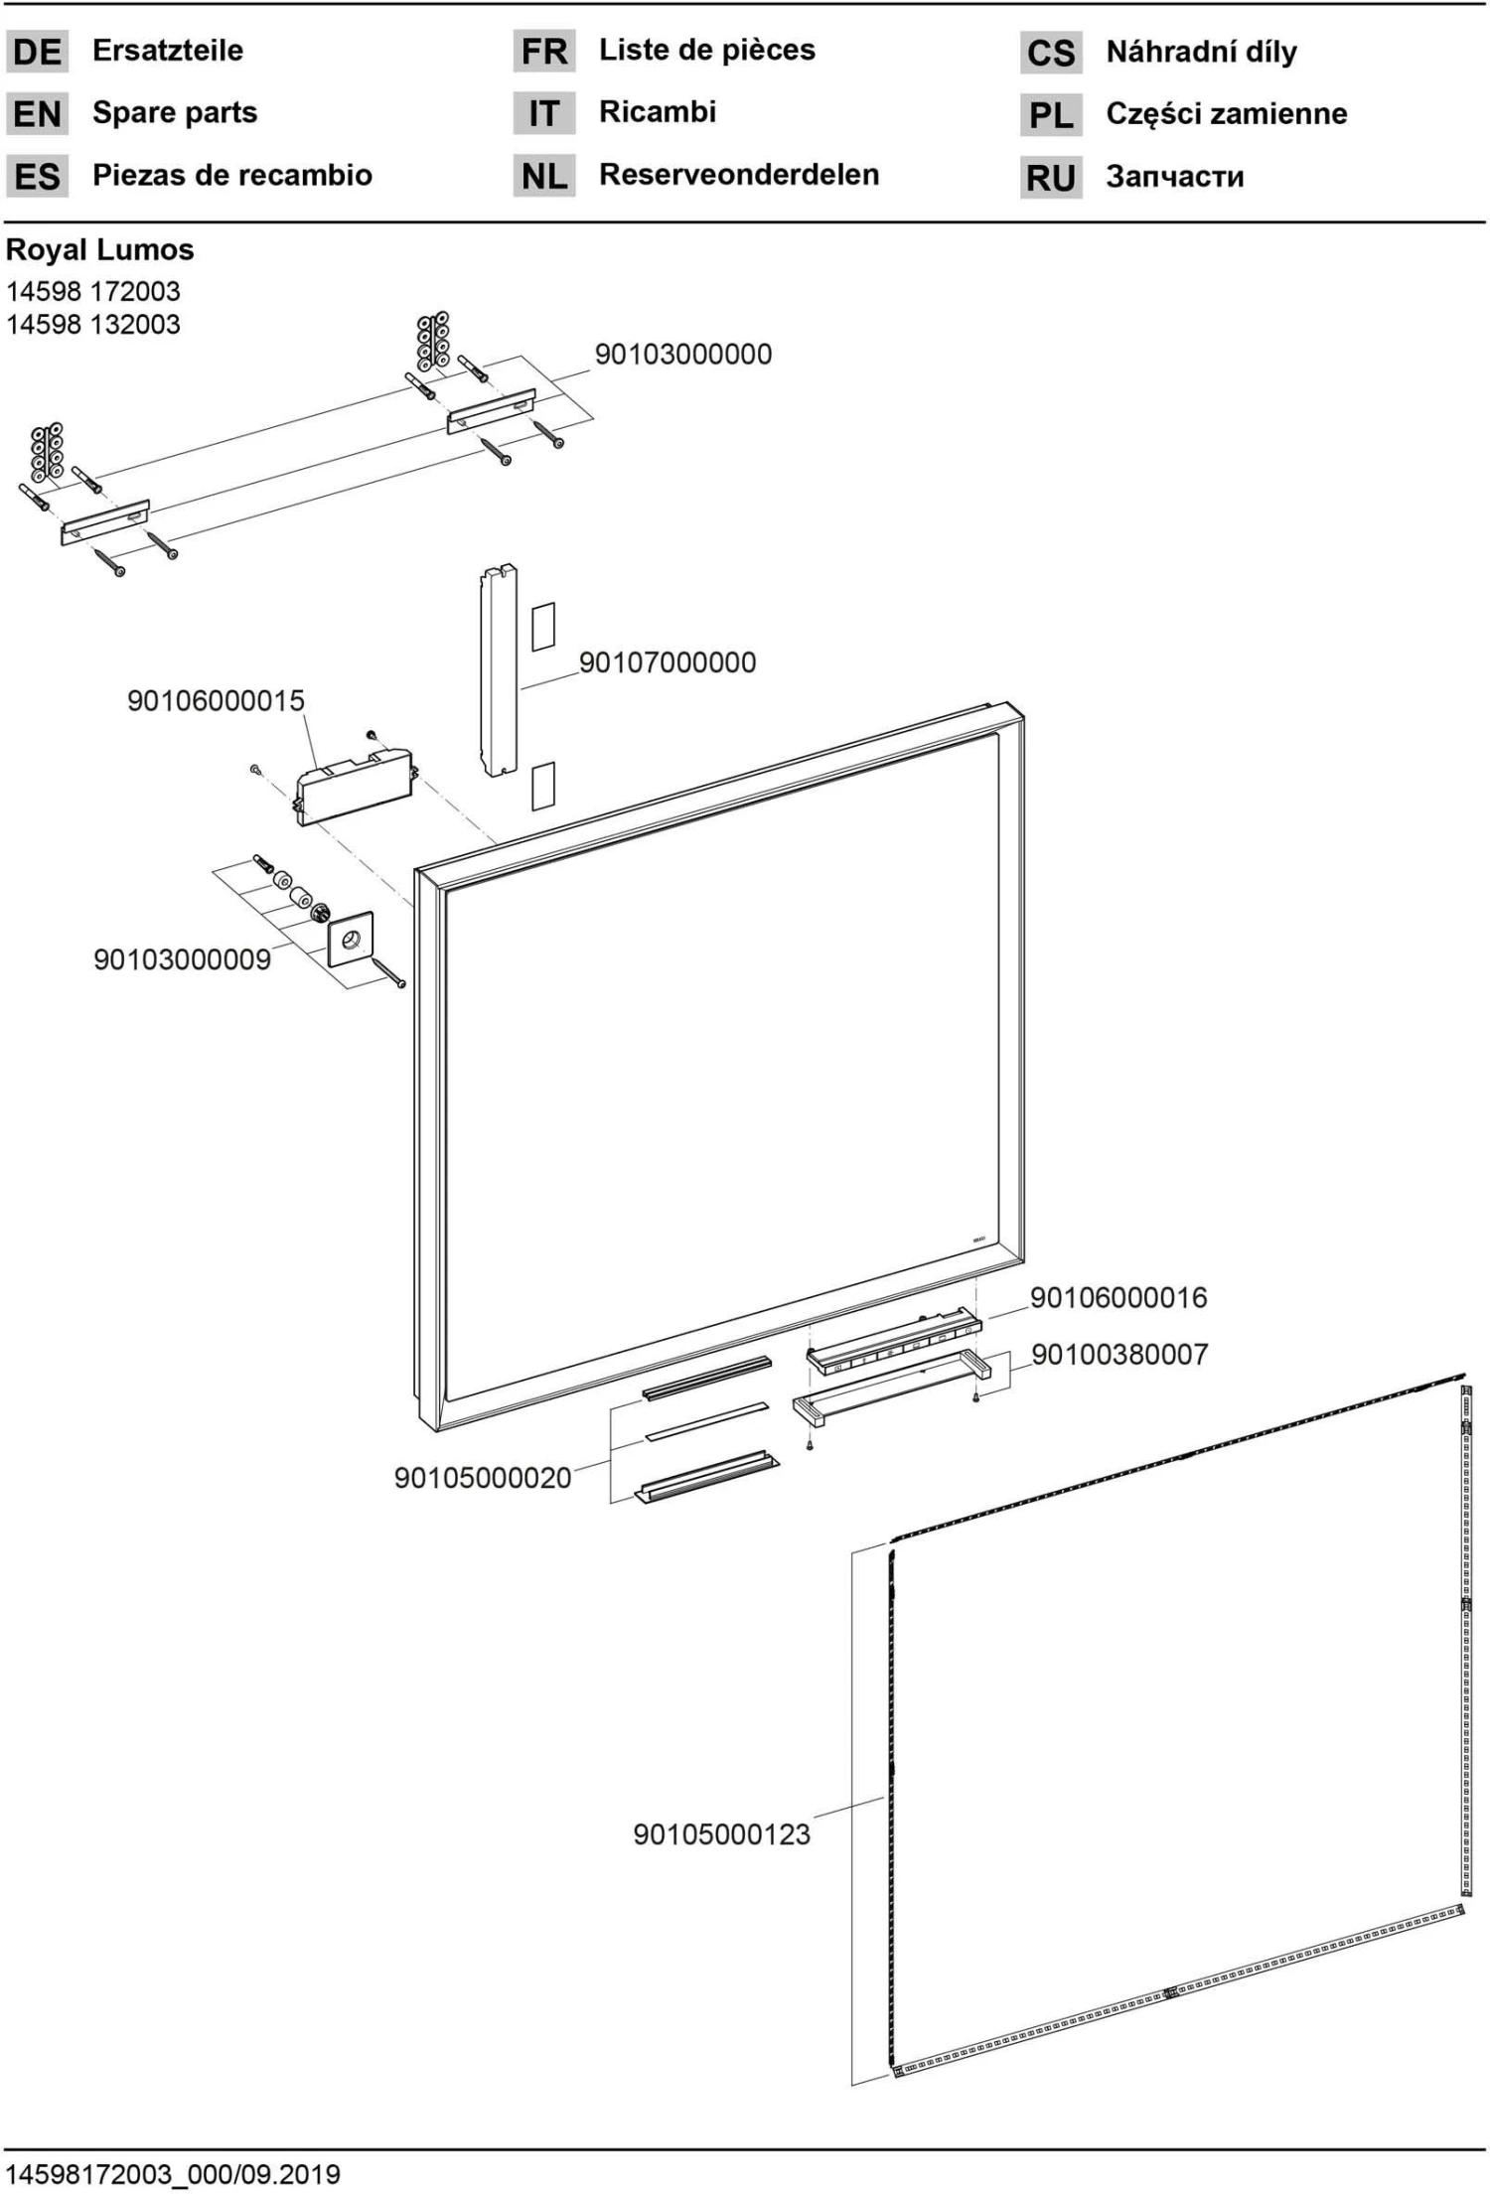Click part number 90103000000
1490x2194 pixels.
tap(682, 355)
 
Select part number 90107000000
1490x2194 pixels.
tap(667, 662)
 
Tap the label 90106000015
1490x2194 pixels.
tap(216, 701)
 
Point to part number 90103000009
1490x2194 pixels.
tap(182, 959)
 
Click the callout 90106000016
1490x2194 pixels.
tap(1117, 1297)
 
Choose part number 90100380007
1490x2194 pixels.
tap(1119, 1354)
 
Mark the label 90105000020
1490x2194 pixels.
tap(483, 1478)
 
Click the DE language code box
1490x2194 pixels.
tap(37, 52)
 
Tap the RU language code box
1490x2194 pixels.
tap(1050, 178)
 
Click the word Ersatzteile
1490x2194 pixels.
tap(167, 51)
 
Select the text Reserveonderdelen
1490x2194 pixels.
tap(738, 175)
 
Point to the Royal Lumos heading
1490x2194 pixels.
tap(99, 249)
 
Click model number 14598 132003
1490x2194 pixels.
tap(93, 325)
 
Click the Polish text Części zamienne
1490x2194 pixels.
tap(1226, 114)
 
